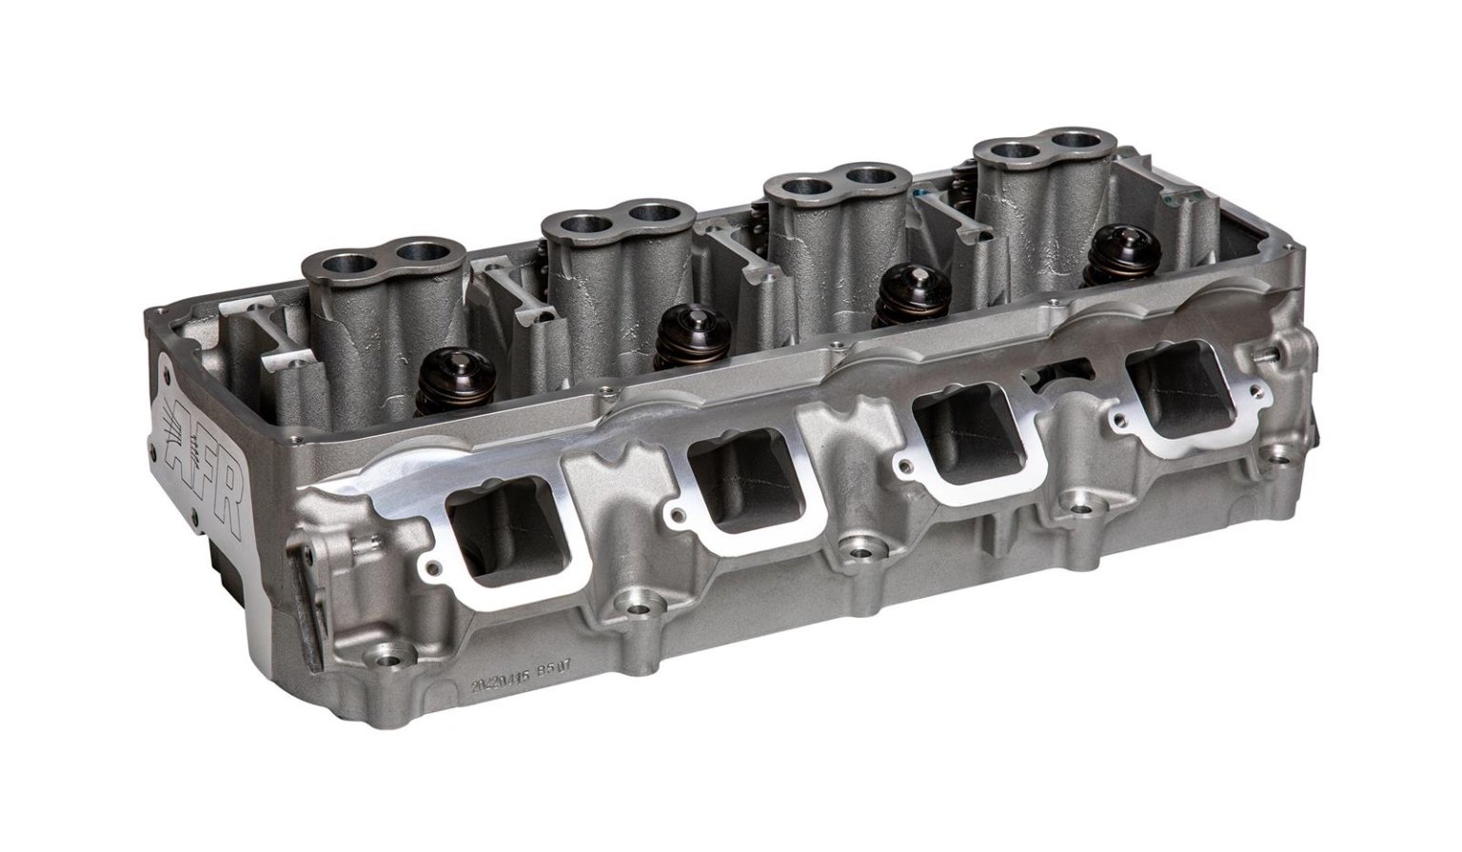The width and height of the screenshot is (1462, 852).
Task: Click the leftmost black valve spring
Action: (x=454, y=374)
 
